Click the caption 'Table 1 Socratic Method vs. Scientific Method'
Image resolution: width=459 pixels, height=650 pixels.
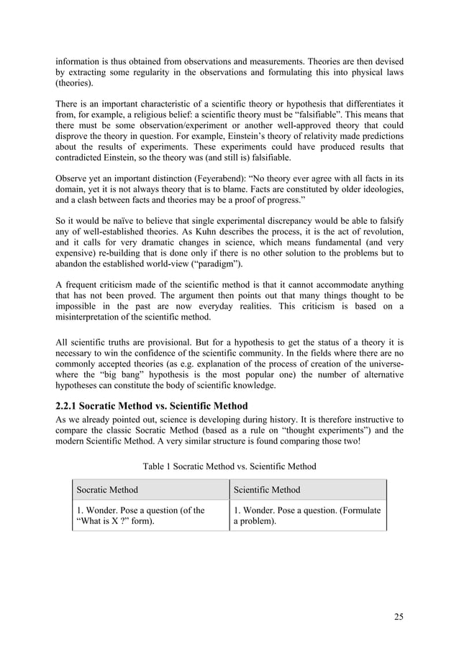point(229,466)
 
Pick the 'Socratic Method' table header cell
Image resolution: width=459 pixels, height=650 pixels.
point(107,490)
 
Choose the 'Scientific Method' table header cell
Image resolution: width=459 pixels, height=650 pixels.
point(267,490)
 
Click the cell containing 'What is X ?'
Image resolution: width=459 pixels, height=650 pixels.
point(150,516)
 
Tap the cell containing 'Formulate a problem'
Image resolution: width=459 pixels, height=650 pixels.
point(308,516)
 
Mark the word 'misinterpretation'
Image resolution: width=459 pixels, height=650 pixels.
point(94,317)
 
